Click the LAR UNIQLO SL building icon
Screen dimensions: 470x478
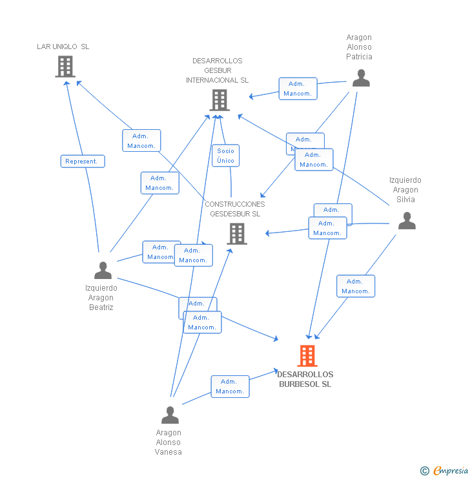pos(65,66)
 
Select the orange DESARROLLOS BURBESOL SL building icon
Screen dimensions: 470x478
pos(307,356)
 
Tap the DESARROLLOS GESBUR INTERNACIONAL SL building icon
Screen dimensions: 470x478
pos(220,100)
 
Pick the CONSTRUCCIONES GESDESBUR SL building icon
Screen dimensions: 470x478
pos(237,234)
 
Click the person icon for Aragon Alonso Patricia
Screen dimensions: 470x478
pos(361,78)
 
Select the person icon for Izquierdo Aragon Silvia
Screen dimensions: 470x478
pos(406,221)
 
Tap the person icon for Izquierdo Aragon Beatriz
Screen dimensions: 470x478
pos(103,270)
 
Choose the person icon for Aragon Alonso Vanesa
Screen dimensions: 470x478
pos(170,415)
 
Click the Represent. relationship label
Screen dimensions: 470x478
pos(83,161)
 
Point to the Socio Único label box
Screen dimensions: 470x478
pos(225,156)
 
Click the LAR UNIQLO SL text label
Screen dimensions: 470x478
pos(63,47)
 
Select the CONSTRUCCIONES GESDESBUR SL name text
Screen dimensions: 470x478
pos(235,209)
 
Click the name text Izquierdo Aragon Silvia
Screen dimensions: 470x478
pos(405,190)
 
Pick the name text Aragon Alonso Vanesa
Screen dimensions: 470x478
pos(169,442)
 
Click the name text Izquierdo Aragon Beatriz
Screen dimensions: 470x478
pos(101,298)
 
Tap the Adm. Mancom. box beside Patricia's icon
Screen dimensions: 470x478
pos(298,88)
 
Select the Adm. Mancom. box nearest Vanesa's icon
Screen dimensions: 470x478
pos(230,386)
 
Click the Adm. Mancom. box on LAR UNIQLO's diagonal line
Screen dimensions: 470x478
pos(141,141)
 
